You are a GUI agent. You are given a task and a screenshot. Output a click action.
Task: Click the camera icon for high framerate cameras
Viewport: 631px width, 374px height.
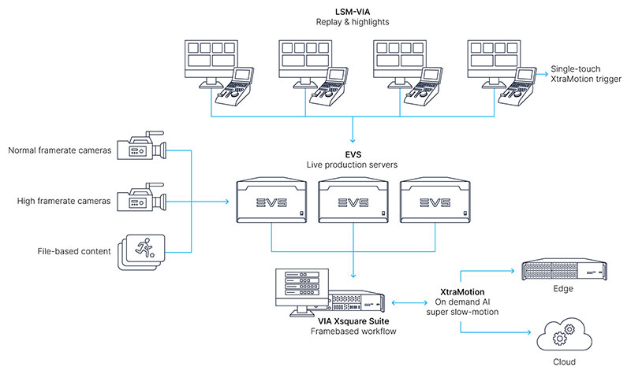pyautogui.click(x=140, y=201)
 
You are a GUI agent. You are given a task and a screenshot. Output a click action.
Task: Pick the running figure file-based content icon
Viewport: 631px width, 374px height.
pyautogui.click(x=140, y=250)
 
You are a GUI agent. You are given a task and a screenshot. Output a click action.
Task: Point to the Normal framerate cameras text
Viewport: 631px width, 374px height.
pyautogui.click(x=58, y=150)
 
